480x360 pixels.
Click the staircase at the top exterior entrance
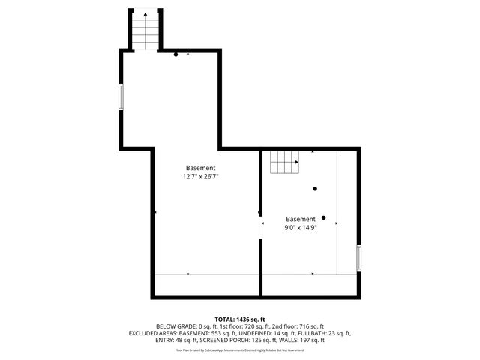[146, 31]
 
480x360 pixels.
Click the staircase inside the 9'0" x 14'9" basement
[284, 160]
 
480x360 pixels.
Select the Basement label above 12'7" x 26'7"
[201, 168]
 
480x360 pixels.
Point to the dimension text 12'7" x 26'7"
[201, 177]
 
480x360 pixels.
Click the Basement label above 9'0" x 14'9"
[301, 219]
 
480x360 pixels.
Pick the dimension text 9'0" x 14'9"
[301, 227]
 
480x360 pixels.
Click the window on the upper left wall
[121, 98]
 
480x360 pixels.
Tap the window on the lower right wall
[359, 257]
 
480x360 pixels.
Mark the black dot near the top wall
[176, 55]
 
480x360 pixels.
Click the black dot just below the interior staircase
[315, 188]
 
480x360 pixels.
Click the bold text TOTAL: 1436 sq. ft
[240, 319]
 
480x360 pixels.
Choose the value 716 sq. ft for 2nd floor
[310, 326]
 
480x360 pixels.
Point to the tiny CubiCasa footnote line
[240, 349]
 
